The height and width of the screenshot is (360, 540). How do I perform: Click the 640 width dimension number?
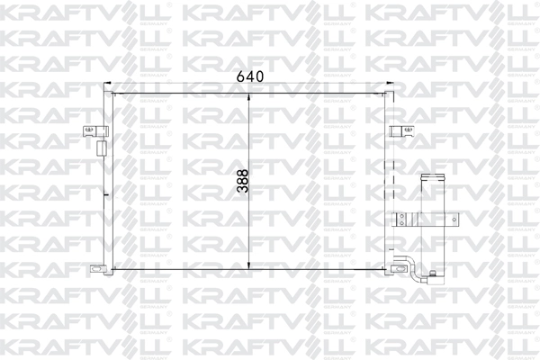coord(249,76)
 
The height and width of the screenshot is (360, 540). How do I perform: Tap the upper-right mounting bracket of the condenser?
coord(397,132)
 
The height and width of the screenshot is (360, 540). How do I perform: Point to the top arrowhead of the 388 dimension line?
coord(248,95)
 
